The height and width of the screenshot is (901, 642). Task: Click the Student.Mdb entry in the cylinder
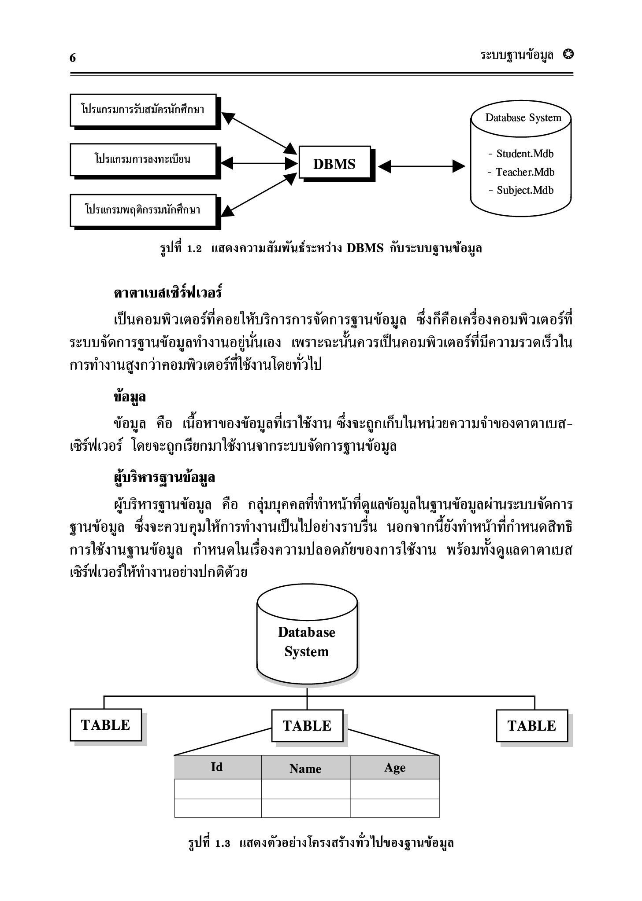521,154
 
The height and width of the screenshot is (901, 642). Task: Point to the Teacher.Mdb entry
521,172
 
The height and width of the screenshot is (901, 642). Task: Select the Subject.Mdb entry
521,190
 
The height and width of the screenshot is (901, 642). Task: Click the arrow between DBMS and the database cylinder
421,166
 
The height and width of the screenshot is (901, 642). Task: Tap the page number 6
73,58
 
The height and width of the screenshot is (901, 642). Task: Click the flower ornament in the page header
568,54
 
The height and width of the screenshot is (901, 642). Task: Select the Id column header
217,767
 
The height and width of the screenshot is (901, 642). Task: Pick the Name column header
305,768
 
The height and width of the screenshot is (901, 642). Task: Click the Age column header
395,767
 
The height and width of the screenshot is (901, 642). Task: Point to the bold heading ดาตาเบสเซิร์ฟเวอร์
167,292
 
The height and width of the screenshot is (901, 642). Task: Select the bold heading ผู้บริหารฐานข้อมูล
164,477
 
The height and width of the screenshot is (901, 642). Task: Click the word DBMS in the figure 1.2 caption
365,248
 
